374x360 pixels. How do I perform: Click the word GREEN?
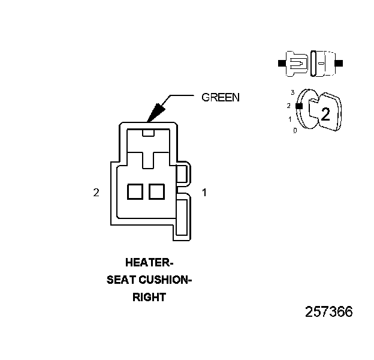click(220, 97)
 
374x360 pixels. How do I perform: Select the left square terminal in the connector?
click(135, 191)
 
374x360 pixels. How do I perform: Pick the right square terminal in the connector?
click(156, 191)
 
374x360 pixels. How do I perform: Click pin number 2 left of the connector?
click(96, 193)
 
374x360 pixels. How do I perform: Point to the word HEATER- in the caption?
click(148, 262)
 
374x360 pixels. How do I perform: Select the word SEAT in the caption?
click(120, 280)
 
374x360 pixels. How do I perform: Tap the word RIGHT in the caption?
click(148, 296)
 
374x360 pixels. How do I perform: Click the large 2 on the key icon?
click(325, 115)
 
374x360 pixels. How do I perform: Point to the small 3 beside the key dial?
click(292, 92)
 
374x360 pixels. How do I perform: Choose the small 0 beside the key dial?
click(294, 130)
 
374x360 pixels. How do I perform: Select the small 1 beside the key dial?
click(290, 119)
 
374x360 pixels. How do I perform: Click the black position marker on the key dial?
click(298, 106)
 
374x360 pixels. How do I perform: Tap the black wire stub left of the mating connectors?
click(281, 62)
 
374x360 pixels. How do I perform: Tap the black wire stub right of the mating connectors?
click(339, 62)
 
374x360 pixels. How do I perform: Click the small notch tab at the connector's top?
click(149, 132)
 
